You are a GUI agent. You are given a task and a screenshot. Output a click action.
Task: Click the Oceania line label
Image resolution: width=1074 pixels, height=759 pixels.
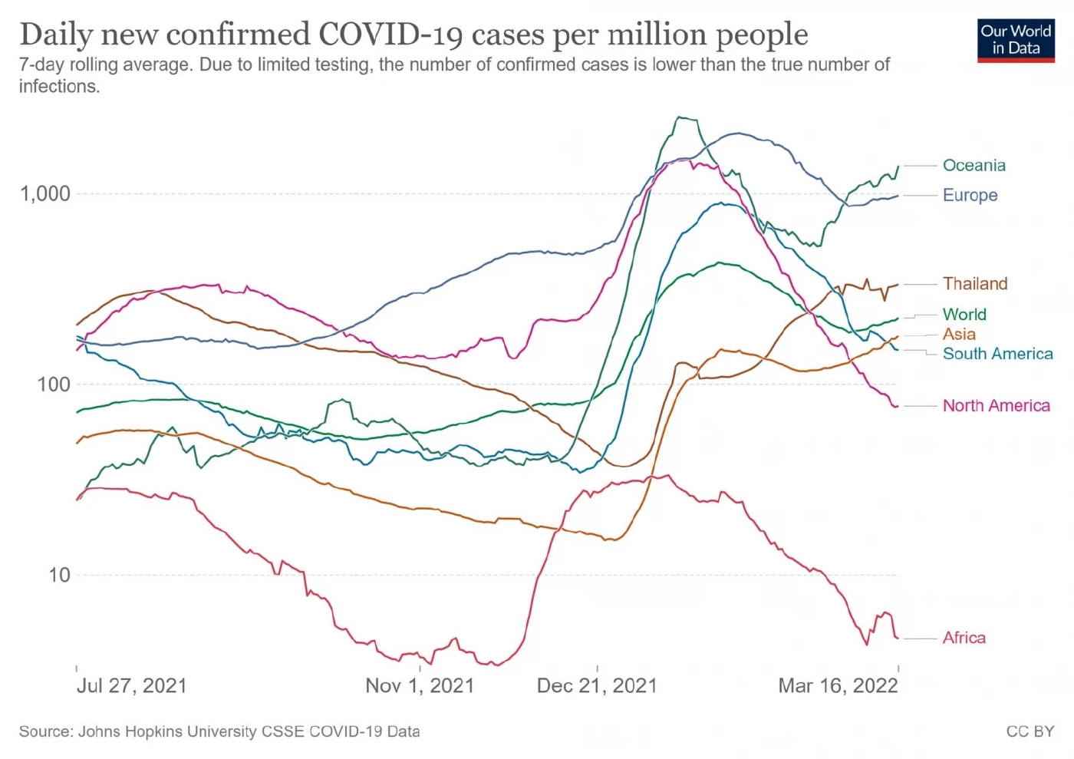coord(974,165)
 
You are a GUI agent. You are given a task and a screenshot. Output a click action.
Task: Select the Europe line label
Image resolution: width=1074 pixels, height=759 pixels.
coord(970,195)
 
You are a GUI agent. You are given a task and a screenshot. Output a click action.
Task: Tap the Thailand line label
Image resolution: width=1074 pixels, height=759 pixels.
coord(975,284)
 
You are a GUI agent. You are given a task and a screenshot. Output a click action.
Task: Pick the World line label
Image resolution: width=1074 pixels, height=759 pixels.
coord(964,315)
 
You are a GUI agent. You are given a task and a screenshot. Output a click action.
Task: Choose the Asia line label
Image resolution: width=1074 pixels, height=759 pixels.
coord(959,334)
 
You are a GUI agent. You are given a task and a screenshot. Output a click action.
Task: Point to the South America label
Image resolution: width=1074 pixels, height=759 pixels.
coord(997,354)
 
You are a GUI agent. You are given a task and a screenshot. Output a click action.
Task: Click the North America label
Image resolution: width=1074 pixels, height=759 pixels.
coord(996,405)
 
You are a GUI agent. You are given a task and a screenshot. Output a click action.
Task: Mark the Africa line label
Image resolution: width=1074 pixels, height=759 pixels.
coord(964,638)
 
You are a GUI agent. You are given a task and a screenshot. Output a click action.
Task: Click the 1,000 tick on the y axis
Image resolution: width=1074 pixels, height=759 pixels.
coord(45,193)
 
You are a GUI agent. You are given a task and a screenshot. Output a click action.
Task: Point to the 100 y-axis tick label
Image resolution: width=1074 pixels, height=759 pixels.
coord(54,384)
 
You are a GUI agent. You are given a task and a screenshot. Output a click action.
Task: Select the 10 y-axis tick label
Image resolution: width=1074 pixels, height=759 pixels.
coord(59,575)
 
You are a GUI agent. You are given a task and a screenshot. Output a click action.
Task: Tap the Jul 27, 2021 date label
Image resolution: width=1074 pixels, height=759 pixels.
coord(131,685)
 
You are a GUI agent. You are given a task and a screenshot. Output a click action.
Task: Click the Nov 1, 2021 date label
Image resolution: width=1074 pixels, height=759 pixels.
coord(420,685)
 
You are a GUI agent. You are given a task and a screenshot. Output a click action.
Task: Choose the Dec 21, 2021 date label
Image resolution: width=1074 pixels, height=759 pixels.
coord(597,685)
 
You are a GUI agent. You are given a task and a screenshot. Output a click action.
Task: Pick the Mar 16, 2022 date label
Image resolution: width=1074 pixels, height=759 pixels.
coord(838,685)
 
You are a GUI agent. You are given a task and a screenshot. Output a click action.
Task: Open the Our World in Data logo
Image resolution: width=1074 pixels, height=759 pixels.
coord(1016,40)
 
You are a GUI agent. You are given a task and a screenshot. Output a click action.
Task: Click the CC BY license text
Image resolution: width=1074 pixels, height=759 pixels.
coord(1030,731)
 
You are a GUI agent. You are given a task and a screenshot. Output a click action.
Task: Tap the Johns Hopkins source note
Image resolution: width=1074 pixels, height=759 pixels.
coord(219,731)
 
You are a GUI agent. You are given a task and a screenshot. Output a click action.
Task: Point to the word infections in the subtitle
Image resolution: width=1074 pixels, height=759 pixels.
coord(59,86)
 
